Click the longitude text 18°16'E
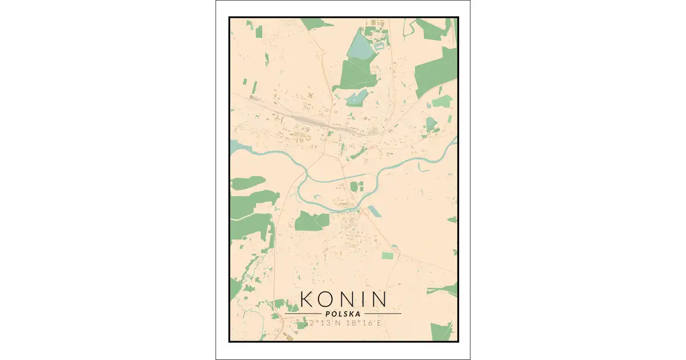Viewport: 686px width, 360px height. (x=361, y=324)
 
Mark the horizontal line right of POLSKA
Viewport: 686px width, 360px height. (x=383, y=314)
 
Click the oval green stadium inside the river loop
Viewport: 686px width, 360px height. (x=354, y=186)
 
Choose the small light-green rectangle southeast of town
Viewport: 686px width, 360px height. (x=388, y=255)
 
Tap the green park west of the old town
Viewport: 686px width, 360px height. (x=312, y=221)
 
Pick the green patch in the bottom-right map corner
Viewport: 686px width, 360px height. (x=441, y=331)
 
